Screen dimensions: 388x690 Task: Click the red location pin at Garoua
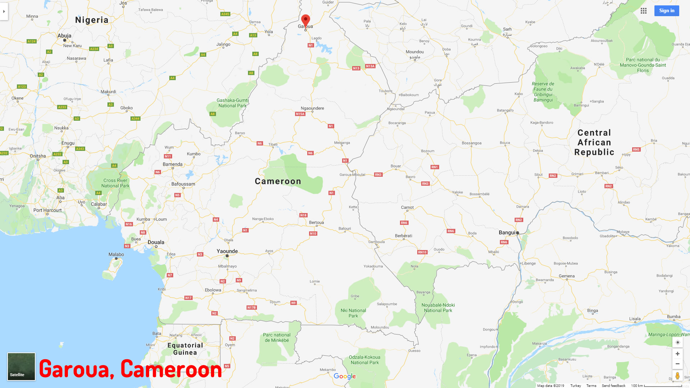point(305,20)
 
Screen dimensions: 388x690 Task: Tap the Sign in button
point(667,11)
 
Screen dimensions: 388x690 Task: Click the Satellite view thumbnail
point(21,366)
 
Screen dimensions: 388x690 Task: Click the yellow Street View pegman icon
point(677,376)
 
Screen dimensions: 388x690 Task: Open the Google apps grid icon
point(644,11)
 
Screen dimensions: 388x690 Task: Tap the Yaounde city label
point(227,251)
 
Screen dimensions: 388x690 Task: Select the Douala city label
point(156,242)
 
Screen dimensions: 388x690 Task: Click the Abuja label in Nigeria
point(64,36)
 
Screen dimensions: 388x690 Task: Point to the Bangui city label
point(507,232)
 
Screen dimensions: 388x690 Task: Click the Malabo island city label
point(116,254)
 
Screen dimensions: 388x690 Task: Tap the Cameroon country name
point(278,181)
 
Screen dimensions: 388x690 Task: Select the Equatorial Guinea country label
point(185,349)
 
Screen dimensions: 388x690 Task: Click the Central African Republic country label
point(594,143)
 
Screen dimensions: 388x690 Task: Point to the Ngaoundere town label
point(312,108)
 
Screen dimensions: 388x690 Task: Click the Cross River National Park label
point(115,183)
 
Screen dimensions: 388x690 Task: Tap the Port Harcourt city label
point(47,210)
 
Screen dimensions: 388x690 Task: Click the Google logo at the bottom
point(345,376)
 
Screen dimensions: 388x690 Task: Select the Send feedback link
point(613,385)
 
